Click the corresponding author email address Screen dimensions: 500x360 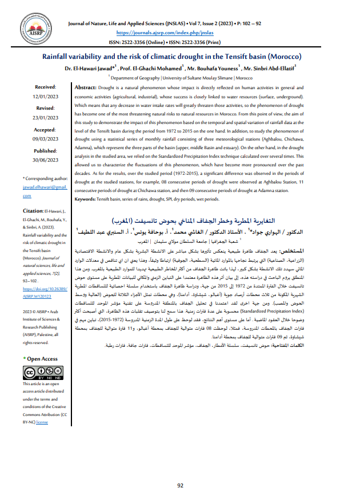[x=45, y=191]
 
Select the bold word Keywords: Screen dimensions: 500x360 [x=90, y=199]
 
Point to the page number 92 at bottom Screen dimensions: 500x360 [x=179, y=485]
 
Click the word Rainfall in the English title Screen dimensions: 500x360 [x=59, y=57]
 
